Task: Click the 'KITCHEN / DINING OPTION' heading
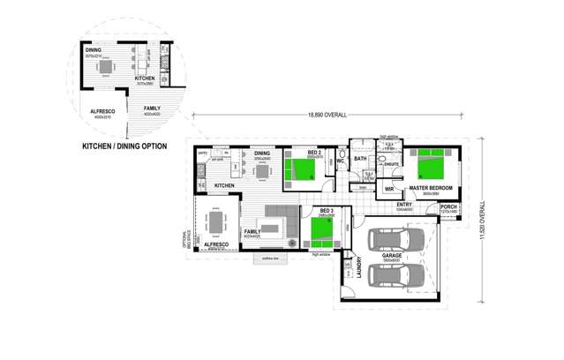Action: [127, 146]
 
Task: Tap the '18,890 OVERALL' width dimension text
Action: [327, 115]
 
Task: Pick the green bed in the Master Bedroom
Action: [434, 163]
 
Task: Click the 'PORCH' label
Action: [448, 206]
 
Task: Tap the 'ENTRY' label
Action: [404, 205]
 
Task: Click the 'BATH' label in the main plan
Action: [360, 159]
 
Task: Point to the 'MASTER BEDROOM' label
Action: [431, 188]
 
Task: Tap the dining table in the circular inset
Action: [105, 66]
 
